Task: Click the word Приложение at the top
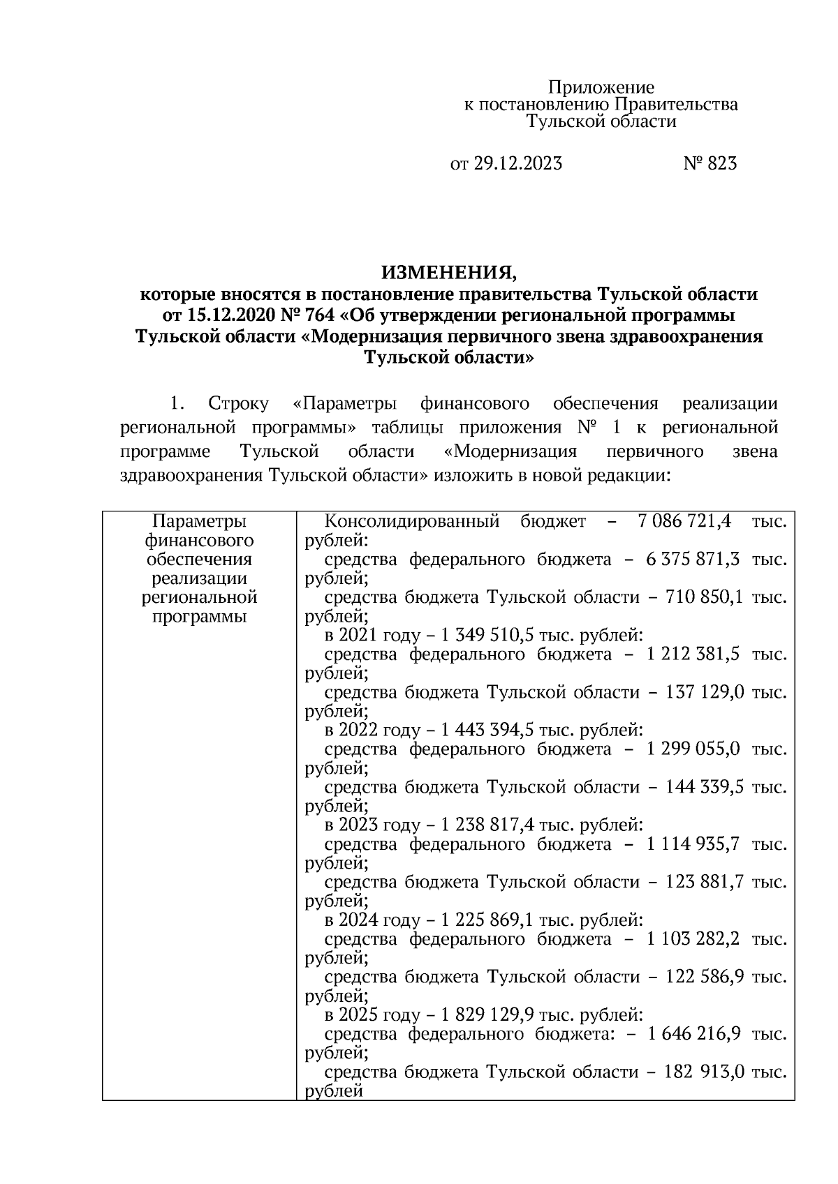[x=601, y=87]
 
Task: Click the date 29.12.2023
[x=517, y=164]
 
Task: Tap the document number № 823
[x=710, y=164]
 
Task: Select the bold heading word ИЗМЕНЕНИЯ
[x=449, y=271]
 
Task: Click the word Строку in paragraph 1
[x=238, y=404]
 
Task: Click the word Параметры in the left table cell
[x=199, y=521]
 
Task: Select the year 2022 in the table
[x=358, y=730]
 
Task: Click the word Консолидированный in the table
[x=412, y=521]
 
